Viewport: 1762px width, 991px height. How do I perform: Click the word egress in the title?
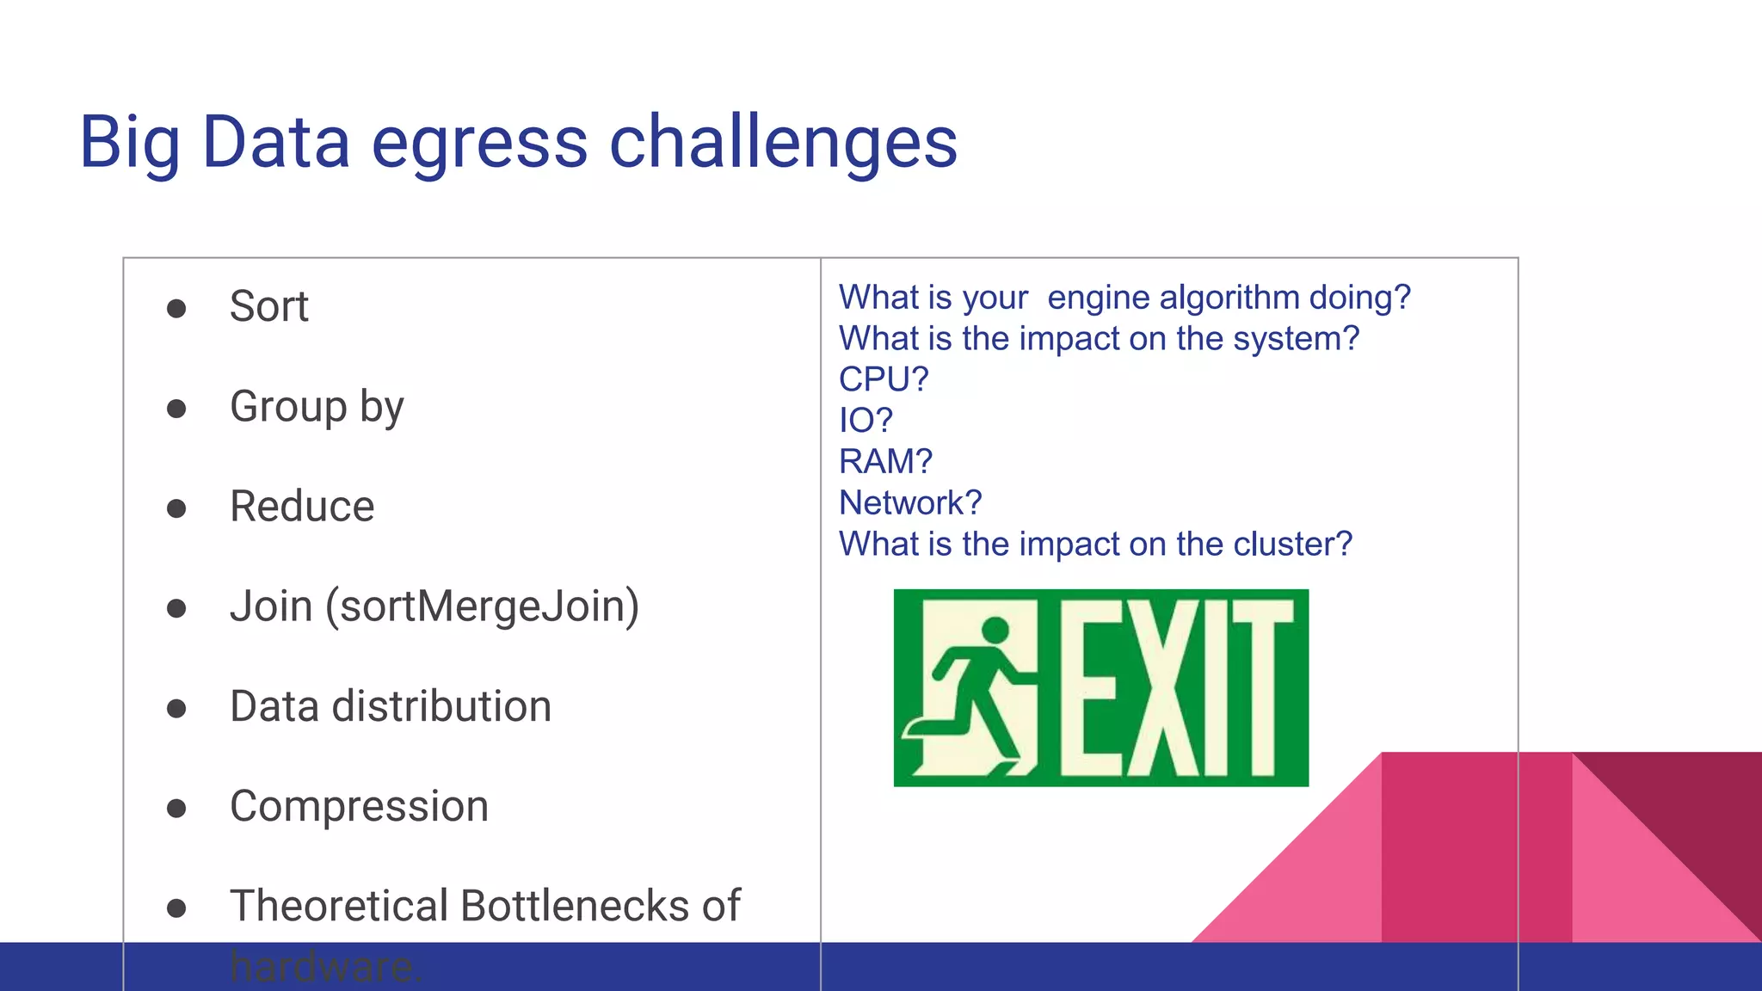pyautogui.click(x=479, y=143)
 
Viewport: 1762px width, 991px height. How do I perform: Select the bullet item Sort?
pyautogui.click(x=268, y=306)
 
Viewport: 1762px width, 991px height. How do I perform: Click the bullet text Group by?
pyautogui.click(x=317, y=406)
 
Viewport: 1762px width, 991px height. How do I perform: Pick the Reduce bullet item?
pyautogui.click(x=302, y=506)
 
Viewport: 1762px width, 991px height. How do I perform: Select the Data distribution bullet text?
pyautogui.click(x=391, y=706)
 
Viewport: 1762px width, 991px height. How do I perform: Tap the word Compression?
pyautogui.click(x=359, y=806)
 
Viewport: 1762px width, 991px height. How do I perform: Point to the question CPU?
pyautogui.click(x=884, y=379)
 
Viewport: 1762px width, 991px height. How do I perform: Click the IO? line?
pyautogui.click(x=866, y=421)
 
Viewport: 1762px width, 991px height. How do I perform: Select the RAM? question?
pyautogui.click(x=885, y=462)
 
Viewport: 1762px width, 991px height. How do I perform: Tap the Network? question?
pyautogui.click(x=910, y=502)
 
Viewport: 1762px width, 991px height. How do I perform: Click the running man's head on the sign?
pyautogui.click(x=995, y=630)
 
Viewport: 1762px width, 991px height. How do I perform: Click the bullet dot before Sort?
pyautogui.click(x=176, y=308)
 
